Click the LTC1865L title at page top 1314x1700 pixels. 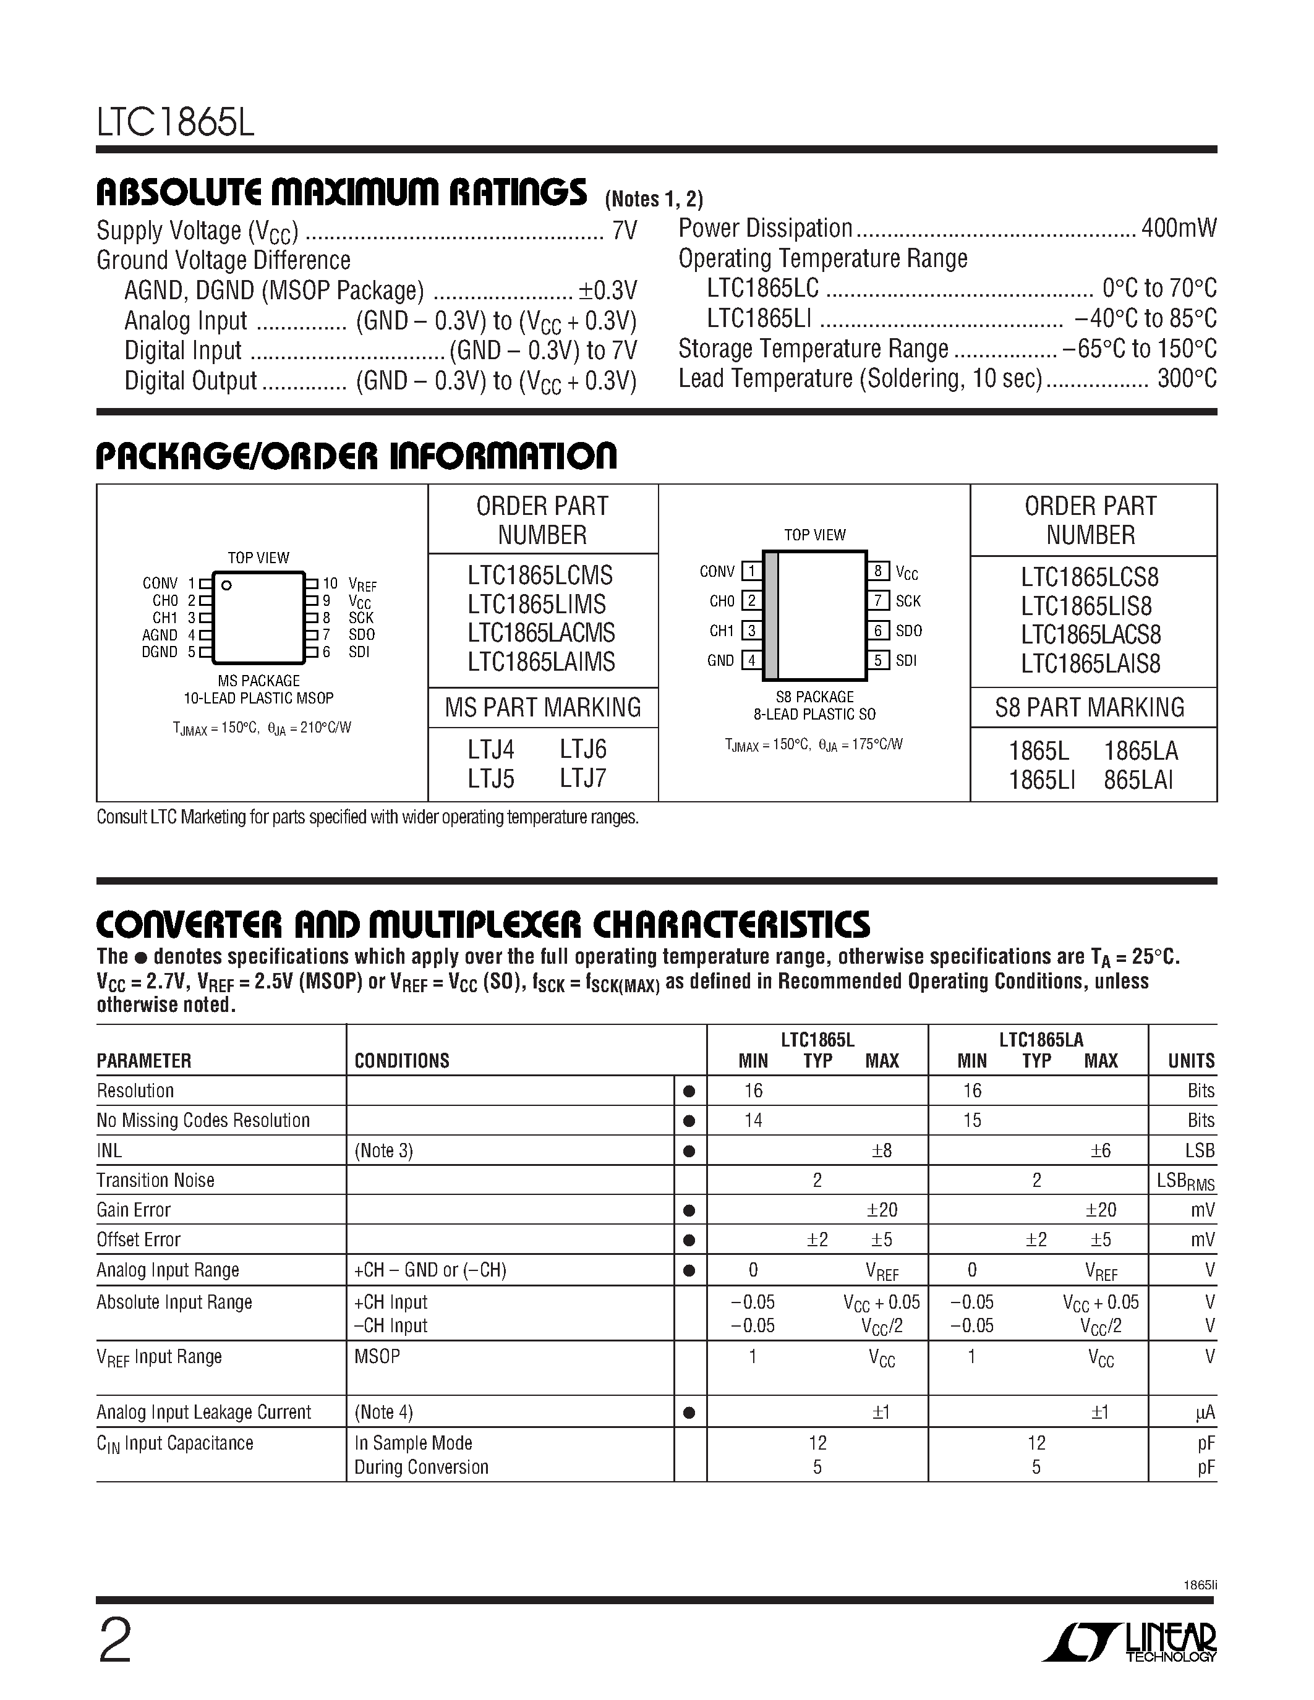pyautogui.click(x=176, y=123)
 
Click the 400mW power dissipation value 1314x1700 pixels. pyautogui.click(x=1179, y=228)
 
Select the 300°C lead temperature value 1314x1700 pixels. pyautogui.click(x=1187, y=379)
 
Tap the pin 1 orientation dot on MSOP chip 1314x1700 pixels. pyautogui.click(x=226, y=585)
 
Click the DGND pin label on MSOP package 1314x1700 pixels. pyautogui.click(x=160, y=652)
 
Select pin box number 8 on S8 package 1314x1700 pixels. pyautogui.click(x=878, y=571)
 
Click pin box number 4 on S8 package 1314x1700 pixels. pyautogui.click(x=751, y=661)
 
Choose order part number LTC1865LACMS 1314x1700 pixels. pyautogui.click(x=542, y=633)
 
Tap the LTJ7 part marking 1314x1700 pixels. pyautogui.click(x=583, y=778)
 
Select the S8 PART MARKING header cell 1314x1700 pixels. pyautogui.click(x=1090, y=708)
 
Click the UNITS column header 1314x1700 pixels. pyautogui.click(x=1191, y=1061)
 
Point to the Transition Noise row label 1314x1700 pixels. pyautogui.click(x=156, y=1181)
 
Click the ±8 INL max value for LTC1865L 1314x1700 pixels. pyautogui.click(x=882, y=1150)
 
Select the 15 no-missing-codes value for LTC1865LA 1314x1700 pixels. pyautogui.click(x=972, y=1121)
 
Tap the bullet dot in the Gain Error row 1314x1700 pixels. pyautogui.click(x=689, y=1211)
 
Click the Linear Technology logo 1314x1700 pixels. pyautogui.click(x=1130, y=1640)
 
